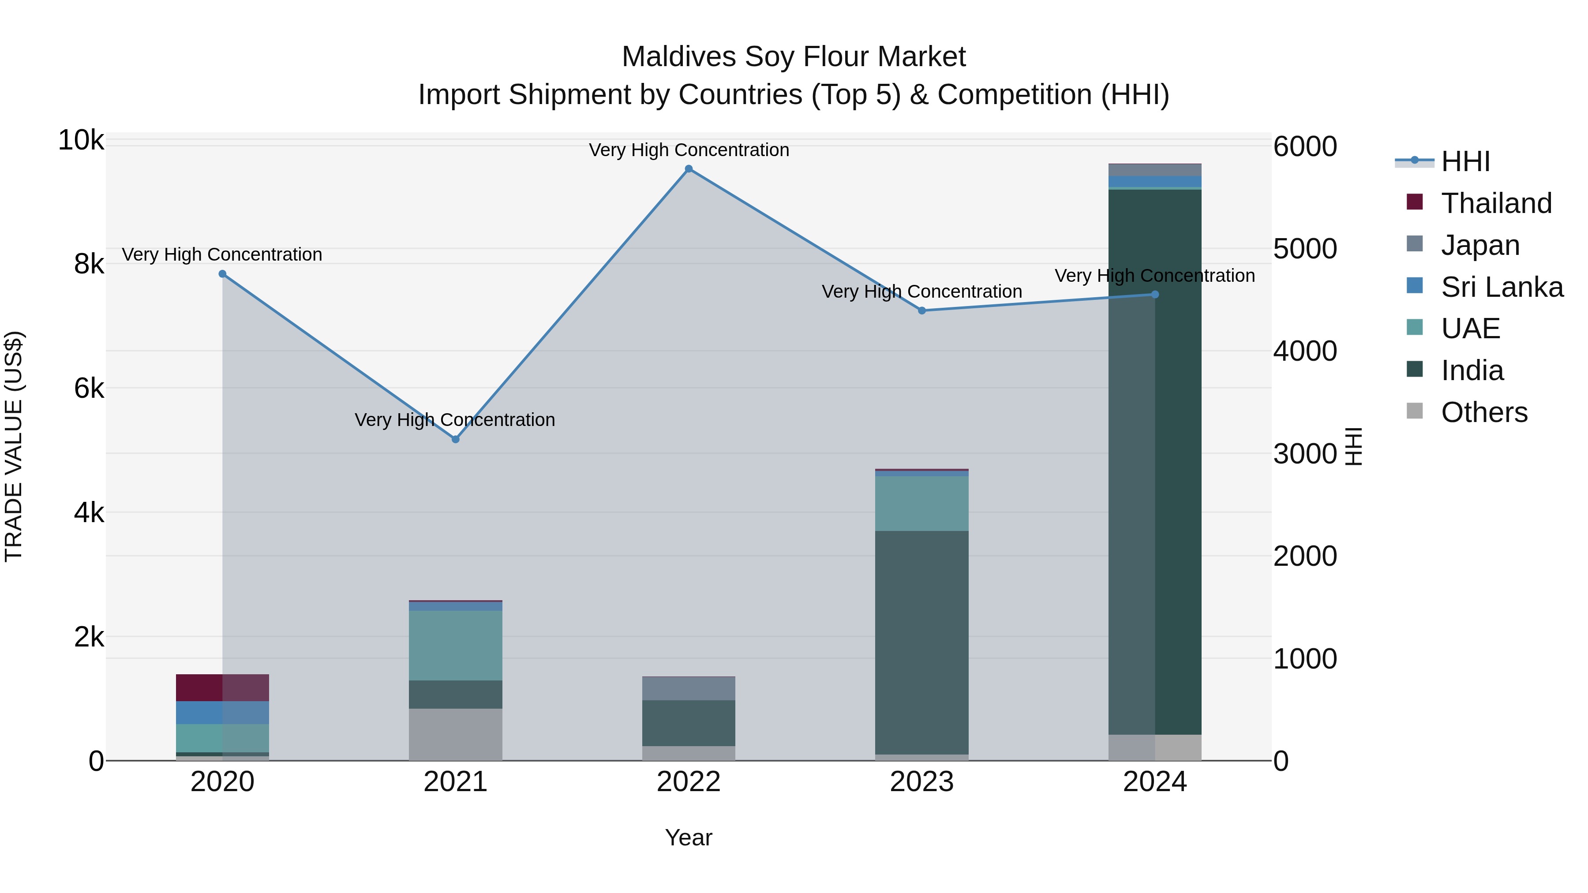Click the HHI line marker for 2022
click(x=689, y=169)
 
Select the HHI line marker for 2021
click(x=456, y=439)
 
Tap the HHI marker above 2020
click(x=223, y=274)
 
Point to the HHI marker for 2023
click(x=921, y=310)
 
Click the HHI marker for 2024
click(x=1155, y=295)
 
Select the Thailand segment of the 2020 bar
click(x=223, y=688)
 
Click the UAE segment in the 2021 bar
click(x=456, y=645)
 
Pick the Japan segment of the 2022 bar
click(x=689, y=688)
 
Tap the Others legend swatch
click(x=1415, y=411)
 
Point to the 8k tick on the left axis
click(x=89, y=265)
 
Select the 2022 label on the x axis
click(x=689, y=782)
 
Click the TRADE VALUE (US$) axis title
click(x=14, y=446)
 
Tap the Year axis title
click(x=689, y=837)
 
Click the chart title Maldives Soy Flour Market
click(x=794, y=57)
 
